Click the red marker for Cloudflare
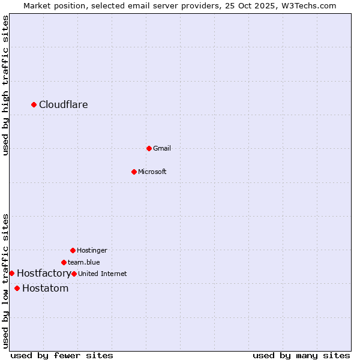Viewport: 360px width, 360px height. (x=34, y=105)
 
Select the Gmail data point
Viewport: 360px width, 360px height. (x=149, y=148)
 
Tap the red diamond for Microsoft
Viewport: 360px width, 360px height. (x=134, y=172)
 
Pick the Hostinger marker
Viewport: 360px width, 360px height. (x=73, y=250)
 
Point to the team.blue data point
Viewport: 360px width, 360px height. (x=64, y=262)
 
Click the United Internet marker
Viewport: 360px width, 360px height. (x=74, y=274)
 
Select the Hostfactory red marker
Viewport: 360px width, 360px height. (x=11, y=273)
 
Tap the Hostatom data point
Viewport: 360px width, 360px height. (x=17, y=289)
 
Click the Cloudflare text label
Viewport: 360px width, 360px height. (x=64, y=105)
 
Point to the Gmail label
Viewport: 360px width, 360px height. (x=162, y=148)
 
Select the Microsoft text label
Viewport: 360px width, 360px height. (x=152, y=172)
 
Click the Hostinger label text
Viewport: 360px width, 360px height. (x=92, y=250)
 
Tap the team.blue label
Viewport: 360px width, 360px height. (x=84, y=262)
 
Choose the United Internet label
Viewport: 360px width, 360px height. (x=103, y=274)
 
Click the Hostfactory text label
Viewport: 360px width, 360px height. (x=44, y=274)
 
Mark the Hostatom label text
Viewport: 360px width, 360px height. (x=46, y=289)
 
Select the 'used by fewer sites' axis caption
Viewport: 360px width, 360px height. (x=62, y=355)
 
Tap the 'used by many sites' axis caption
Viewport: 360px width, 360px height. (x=301, y=355)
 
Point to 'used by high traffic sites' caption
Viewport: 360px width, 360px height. (x=5, y=85)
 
